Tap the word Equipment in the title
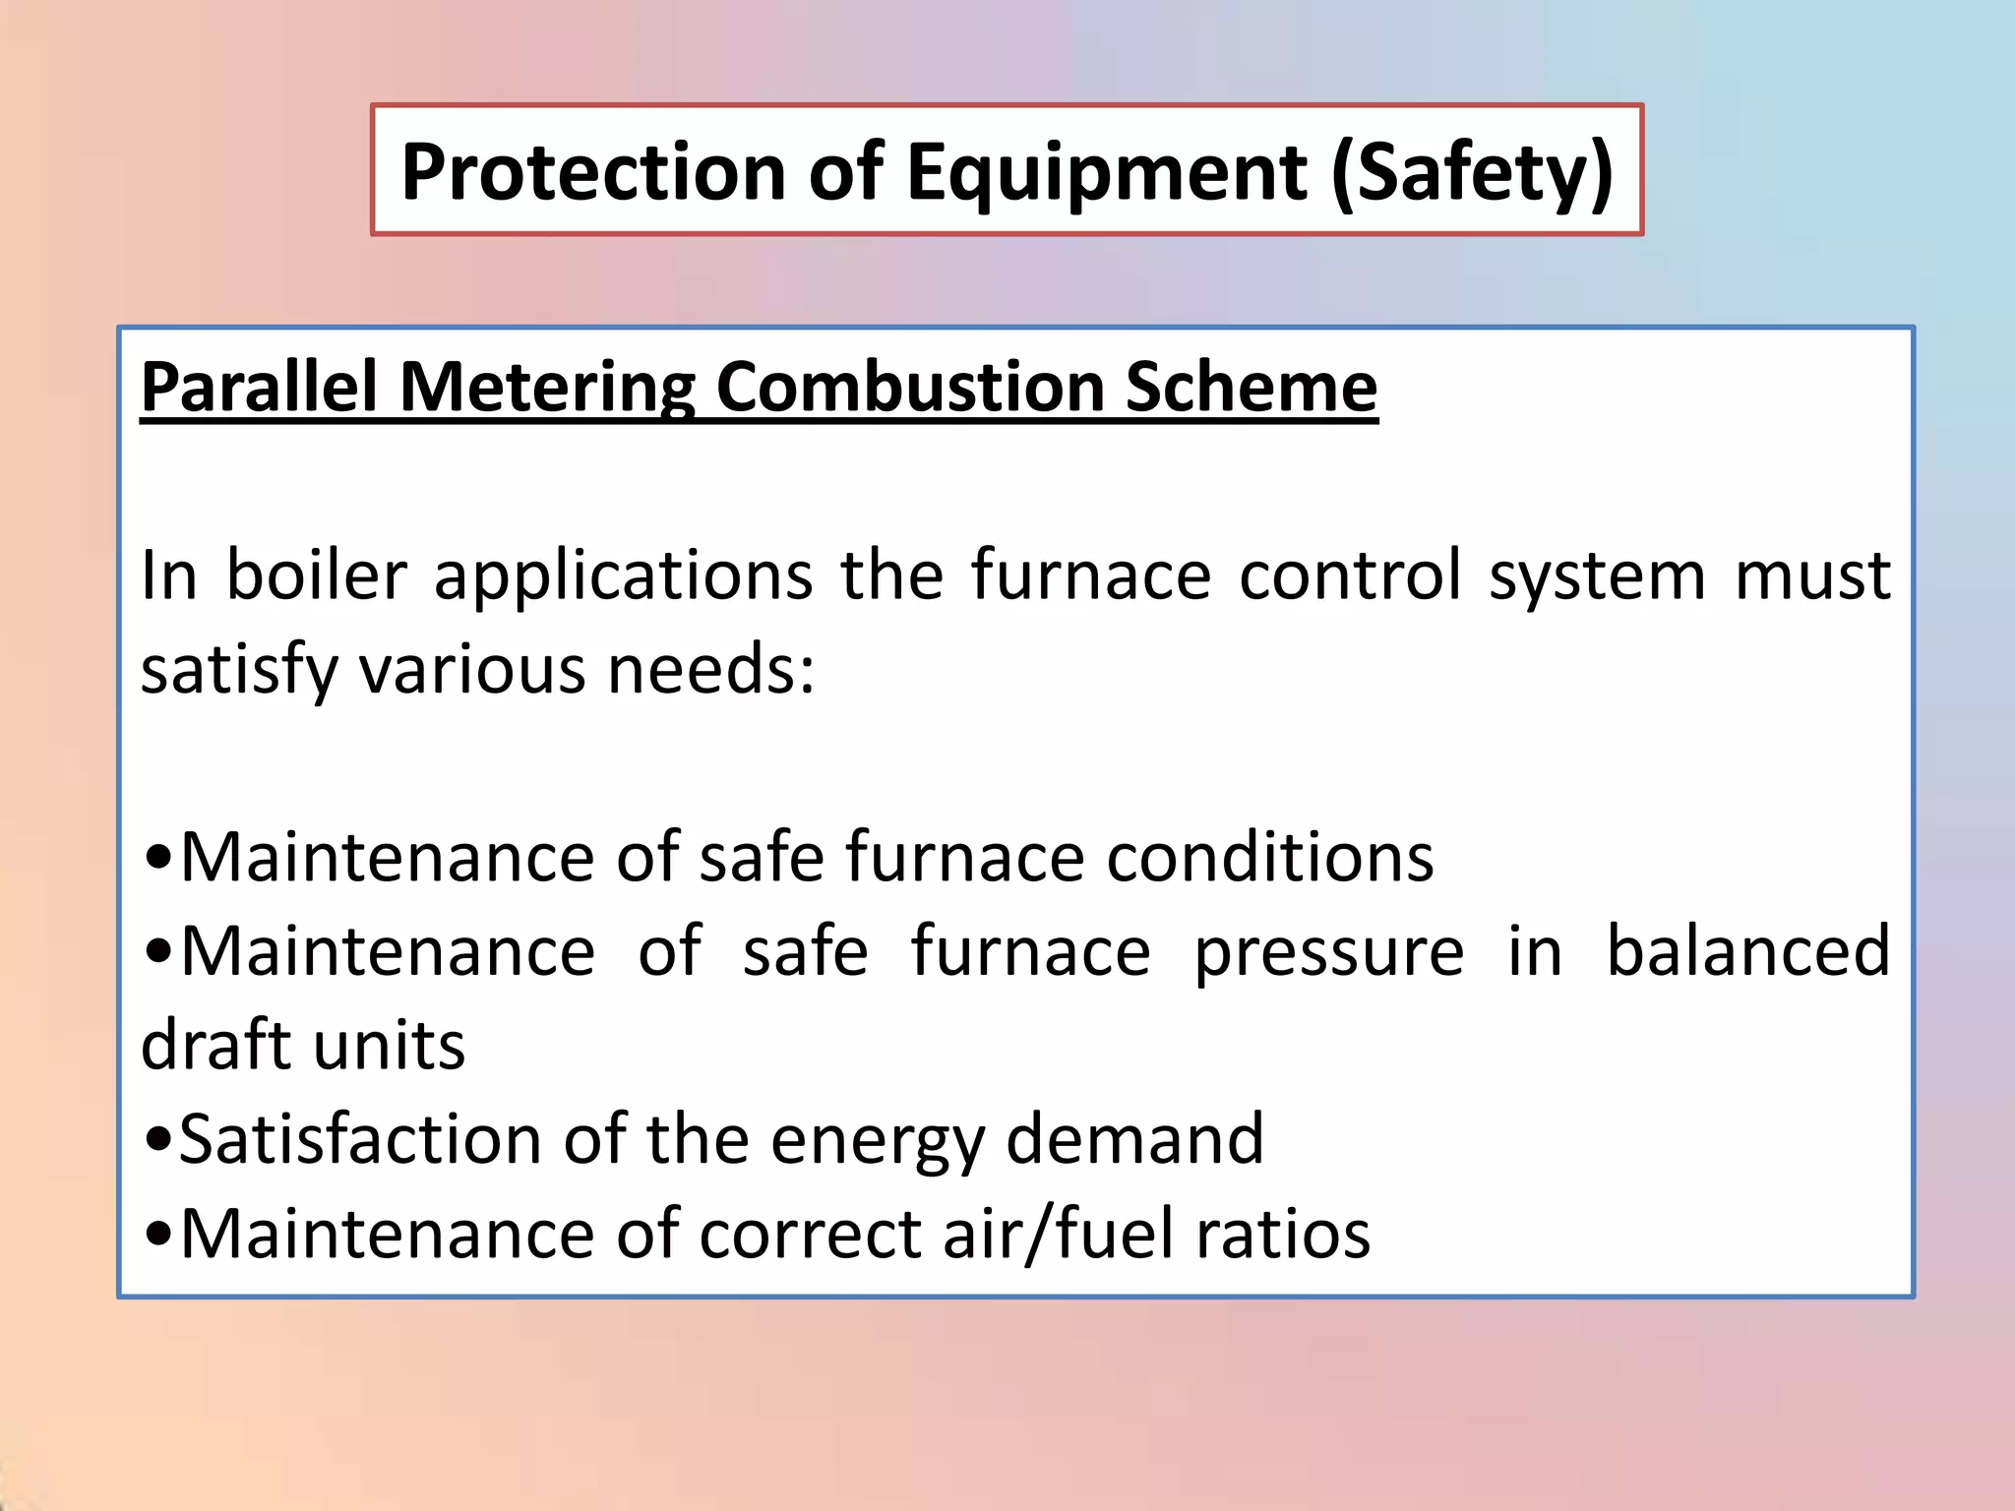pos(1108,174)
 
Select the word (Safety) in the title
pos(1472,174)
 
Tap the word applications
pos(624,576)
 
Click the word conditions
pos(1270,857)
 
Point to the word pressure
pos(1329,952)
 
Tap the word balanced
pos(1747,950)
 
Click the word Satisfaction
pos(358,1139)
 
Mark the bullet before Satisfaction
pos(157,1140)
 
